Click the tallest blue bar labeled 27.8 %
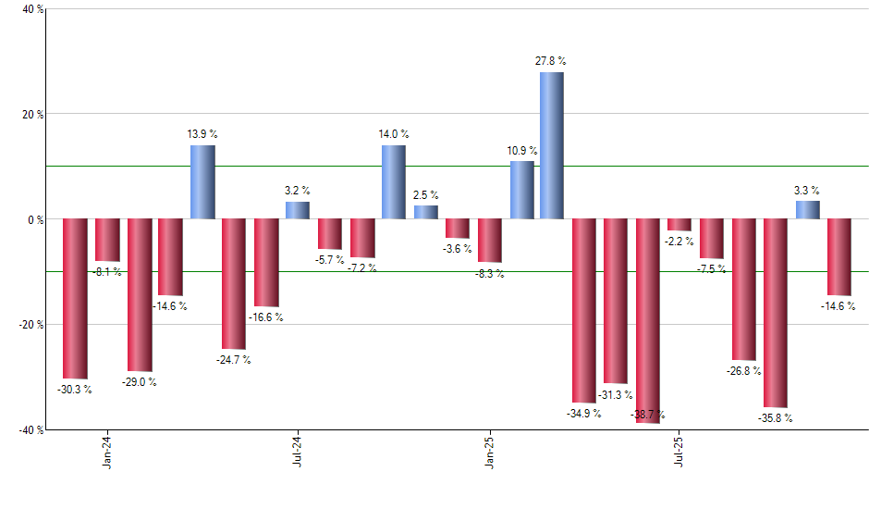click(x=552, y=145)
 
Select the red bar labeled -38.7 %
click(x=648, y=320)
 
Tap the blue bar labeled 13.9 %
click(x=202, y=181)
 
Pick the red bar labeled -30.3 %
click(x=75, y=298)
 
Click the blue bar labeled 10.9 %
click(x=521, y=190)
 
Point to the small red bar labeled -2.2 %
click(x=679, y=225)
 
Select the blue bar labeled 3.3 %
click(x=807, y=210)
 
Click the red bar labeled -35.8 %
click(x=776, y=313)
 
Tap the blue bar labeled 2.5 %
click(x=425, y=212)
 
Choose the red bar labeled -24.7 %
click(x=234, y=283)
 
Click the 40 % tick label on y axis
click(x=32, y=10)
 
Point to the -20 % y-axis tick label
click(x=31, y=325)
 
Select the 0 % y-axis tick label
click(x=36, y=220)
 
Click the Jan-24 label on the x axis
click(x=107, y=451)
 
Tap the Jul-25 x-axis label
click(x=680, y=451)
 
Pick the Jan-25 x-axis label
click(x=489, y=451)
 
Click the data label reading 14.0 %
click(x=393, y=134)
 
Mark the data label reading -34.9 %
click(x=584, y=413)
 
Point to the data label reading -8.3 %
click(x=489, y=275)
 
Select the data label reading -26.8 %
click(x=744, y=371)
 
